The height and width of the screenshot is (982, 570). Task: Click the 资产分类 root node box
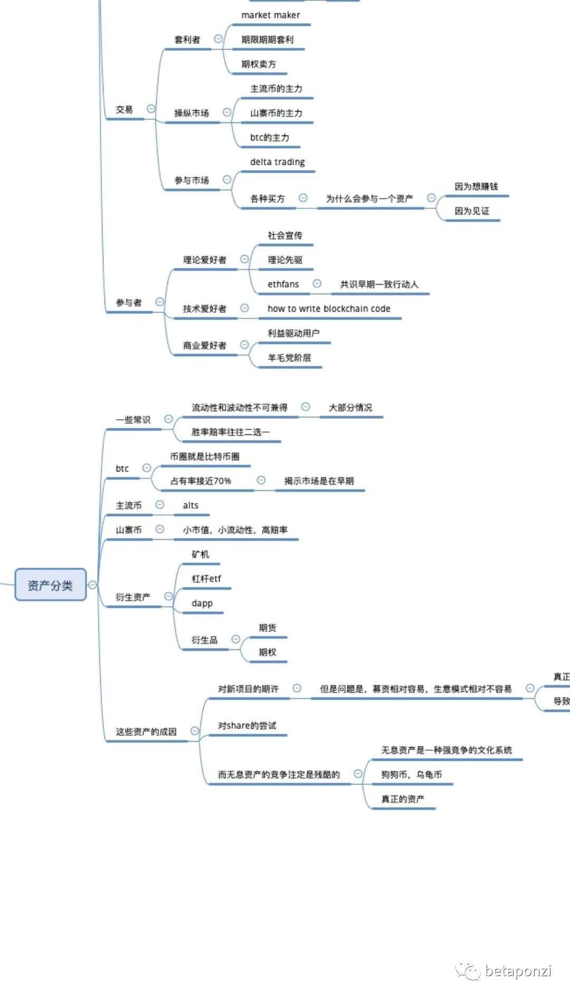[x=50, y=584]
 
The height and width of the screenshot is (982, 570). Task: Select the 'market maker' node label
[x=270, y=15]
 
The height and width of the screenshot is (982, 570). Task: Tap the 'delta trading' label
[x=277, y=162]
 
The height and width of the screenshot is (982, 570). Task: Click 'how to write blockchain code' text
[x=329, y=309]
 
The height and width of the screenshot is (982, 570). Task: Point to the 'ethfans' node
[x=283, y=284]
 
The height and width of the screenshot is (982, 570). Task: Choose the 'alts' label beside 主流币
[x=191, y=505]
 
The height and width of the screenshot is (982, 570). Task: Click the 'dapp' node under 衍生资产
[x=202, y=603]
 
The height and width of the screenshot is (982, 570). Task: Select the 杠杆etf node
[x=206, y=579]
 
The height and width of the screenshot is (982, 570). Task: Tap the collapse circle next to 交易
[x=151, y=109]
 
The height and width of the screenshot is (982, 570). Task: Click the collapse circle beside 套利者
[x=218, y=39]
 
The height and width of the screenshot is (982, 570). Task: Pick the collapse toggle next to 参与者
[x=159, y=301]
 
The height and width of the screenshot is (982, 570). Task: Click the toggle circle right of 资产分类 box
[x=92, y=585]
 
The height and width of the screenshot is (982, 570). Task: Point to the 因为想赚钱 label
[x=476, y=186]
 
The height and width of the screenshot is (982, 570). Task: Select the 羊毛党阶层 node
[x=289, y=357]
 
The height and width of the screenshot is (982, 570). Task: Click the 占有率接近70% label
[x=201, y=481]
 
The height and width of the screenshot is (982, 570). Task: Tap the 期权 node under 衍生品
[x=268, y=652]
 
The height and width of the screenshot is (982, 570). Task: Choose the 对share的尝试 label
[x=247, y=725]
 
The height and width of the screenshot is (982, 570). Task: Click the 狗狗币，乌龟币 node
[x=412, y=775]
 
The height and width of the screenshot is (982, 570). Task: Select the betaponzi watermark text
[x=518, y=971]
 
